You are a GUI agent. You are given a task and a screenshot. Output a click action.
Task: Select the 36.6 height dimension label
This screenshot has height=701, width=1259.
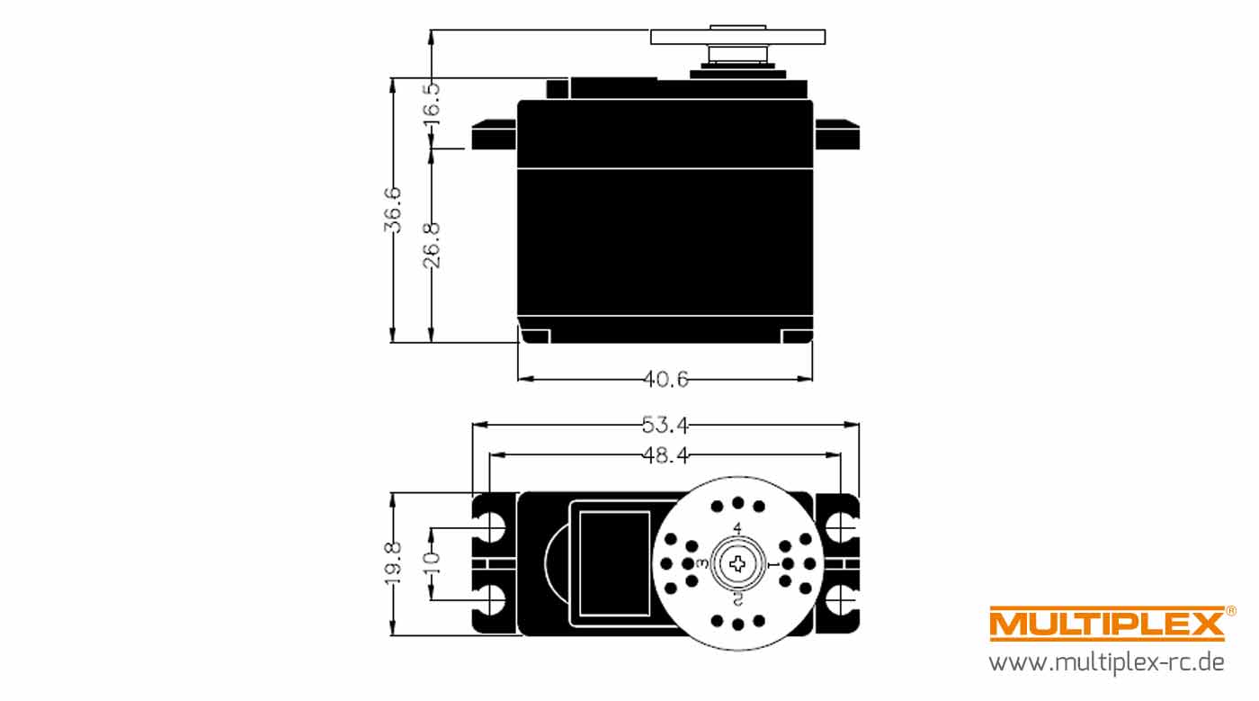[393, 210]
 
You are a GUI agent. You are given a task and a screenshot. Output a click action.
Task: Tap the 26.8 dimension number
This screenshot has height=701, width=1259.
[432, 245]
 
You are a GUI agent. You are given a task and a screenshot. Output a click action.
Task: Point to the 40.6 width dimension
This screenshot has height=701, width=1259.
[665, 379]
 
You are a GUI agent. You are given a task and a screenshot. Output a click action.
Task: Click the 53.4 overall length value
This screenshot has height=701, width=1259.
[665, 425]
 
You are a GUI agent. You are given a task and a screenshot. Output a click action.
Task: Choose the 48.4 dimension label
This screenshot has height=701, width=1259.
[665, 455]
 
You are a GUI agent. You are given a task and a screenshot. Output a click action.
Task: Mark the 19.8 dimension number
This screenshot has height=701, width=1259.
[393, 564]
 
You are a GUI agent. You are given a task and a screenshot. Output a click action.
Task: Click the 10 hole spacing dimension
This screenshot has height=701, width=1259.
[432, 564]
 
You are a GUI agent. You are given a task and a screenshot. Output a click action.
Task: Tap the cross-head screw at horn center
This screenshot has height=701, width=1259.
[737, 563]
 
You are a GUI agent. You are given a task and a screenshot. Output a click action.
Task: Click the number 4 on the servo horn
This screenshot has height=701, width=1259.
[737, 528]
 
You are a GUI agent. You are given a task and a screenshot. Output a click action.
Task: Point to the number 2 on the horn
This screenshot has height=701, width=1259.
[737, 598]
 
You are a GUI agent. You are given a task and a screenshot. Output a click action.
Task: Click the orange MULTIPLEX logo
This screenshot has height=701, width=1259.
[1107, 624]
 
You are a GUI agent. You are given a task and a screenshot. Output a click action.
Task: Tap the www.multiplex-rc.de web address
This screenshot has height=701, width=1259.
[1107, 662]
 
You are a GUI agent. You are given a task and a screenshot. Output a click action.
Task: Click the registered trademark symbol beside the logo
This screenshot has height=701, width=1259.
[1231, 611]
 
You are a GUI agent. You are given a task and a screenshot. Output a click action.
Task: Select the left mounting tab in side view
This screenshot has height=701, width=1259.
[494, 134]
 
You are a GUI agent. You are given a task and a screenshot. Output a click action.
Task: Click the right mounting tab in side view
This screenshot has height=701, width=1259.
[837, 134]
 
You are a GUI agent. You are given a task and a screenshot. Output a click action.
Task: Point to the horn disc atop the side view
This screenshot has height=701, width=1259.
[738, 37]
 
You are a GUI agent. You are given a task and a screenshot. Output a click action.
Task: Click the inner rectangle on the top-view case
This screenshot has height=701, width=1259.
[614, 563]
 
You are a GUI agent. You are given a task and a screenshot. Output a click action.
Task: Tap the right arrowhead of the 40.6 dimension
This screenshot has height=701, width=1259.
[806, 379]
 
